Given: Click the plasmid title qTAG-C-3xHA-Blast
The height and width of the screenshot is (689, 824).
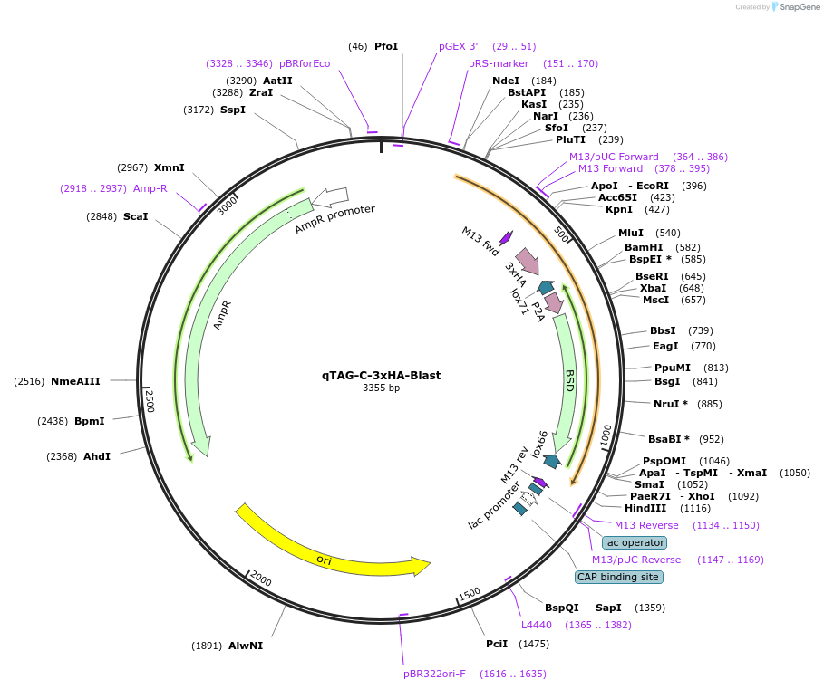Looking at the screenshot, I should (x=381, y=375).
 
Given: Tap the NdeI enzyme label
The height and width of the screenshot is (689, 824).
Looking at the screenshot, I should (x=506, y=81).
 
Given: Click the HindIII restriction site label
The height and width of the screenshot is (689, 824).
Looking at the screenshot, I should (x=644, y=508).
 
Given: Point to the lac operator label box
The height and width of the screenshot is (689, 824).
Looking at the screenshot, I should (x=635, y=542).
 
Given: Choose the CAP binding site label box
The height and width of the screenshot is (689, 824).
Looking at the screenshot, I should (x=619, y=577).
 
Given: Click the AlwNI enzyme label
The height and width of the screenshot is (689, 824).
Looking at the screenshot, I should (x=245, y=646).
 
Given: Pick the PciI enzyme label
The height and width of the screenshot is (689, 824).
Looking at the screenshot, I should (x=496, y=644).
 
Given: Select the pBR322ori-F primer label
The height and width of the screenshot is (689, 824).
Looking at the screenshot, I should (x=434, y=674).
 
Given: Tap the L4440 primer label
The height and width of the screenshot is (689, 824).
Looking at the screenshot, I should (x=536, y=625).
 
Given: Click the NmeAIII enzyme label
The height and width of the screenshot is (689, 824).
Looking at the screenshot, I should (x=75, y=381).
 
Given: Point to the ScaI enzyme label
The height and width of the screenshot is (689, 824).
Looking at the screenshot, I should (x=135, y=216).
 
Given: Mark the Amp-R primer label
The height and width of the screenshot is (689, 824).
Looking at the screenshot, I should (x=150, y=188).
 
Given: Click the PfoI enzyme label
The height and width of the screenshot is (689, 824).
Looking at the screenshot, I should (x=386, y=45).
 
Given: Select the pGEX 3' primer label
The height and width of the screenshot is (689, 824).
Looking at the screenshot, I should (x=458, y=45).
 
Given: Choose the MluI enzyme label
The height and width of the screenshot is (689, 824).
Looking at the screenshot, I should (x=631, y=233).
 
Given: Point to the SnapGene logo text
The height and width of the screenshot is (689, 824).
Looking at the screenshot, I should (x=800, y=7).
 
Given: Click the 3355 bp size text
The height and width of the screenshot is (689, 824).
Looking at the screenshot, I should (x=381, y=388).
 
